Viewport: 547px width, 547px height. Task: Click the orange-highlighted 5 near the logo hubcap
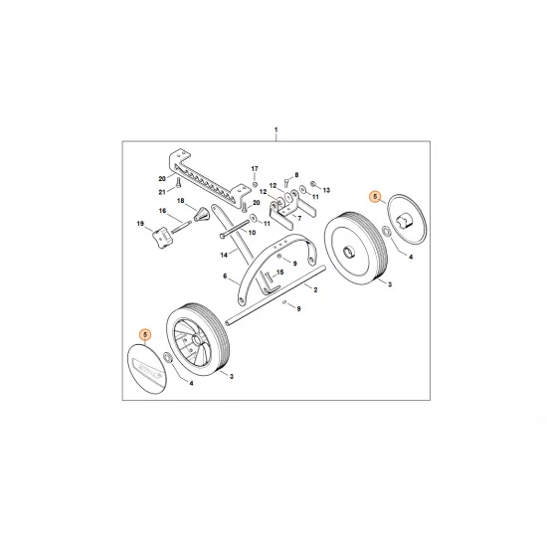(145, 338)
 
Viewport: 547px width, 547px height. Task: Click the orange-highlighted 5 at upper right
(375, 196)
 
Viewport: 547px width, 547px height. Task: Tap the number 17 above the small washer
(254, 169)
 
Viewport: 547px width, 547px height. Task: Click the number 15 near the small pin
(280, 272)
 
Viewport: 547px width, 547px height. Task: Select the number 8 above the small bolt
(295, 175)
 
